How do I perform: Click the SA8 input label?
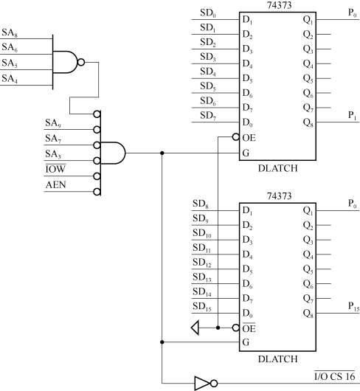(11, 34)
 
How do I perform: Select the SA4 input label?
(11, 78)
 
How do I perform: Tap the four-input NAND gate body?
(66, 62)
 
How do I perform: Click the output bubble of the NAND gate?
(81, 62)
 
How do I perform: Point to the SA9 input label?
(53, 124)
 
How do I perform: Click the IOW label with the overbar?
(55, 168)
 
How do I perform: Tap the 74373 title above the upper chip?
(278, 6)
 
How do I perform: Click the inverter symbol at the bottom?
(204, 383)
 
